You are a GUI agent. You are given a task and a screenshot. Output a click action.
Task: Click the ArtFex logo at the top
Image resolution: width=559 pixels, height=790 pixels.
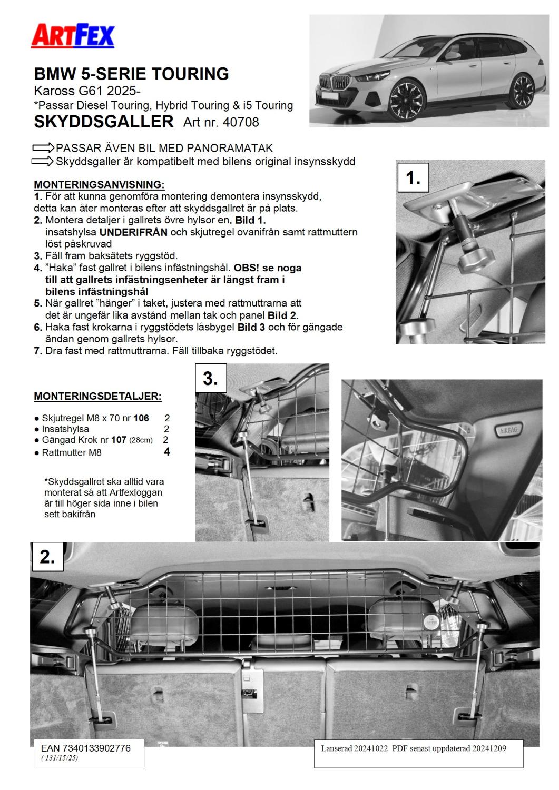click(x=73, y=36)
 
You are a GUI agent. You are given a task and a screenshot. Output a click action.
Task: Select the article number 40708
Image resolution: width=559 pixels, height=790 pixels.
click(x=241, y=122)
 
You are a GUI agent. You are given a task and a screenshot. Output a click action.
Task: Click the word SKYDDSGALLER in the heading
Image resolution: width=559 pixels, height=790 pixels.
click(x=103, y=122)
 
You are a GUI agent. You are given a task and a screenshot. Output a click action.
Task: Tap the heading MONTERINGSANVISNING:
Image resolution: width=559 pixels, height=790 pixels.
click(x=99, y=185)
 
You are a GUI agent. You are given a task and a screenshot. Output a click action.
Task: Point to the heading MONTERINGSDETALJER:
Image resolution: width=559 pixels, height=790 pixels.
click(x=97, y=396)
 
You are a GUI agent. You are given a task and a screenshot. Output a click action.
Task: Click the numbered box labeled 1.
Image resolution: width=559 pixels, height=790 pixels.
click(x=413, y=178)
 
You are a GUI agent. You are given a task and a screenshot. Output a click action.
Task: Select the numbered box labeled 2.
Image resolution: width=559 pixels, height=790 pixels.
click(x=47, y=557)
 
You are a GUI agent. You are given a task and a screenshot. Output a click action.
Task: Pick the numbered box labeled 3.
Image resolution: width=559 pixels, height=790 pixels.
click(x=211, y=378)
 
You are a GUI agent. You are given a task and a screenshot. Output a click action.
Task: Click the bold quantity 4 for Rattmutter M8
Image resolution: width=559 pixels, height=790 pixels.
click(x=167, y=452)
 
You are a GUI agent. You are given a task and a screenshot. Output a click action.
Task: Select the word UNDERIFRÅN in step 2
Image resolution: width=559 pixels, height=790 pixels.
click(x=131, y=232)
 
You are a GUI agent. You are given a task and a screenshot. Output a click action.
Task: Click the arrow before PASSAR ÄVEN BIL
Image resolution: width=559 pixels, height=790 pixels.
click(x=44, y=148)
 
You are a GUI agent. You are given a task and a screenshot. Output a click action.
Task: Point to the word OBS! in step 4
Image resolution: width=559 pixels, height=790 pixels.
click(x=249, y=268)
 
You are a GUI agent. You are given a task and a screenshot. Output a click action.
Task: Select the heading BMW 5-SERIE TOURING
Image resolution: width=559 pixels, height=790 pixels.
click(x=132, y=74)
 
